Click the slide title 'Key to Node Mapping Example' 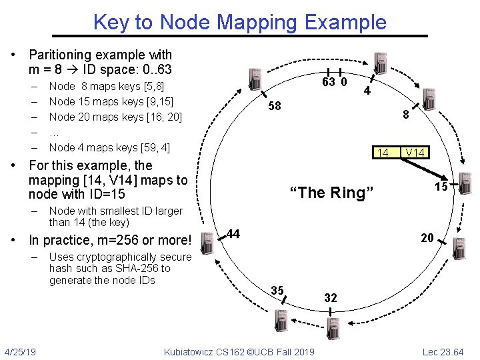pyautogui.click(x=239, y=22)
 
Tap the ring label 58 pyautogui.click(x=275, y=107)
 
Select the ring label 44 pyautogui.click(x=233, y=234)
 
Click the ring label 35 pyautogui.click(x=278, y=290)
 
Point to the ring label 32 pyautogui.click(x=331, y=298)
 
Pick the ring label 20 pyautogui.click(x=427, y=238)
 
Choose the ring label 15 pyautogui.click(x=441, y=187)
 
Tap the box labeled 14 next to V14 pyautogui.click(x=383, y=153)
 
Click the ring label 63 pyautogui.click(x=328, y=83)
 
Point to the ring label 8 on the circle pyautogui.click(x=405, y=115)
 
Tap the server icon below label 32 pyautogui.click(x=333, y=327)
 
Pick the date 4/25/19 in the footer pyautogui.click(x=20, y=351)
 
